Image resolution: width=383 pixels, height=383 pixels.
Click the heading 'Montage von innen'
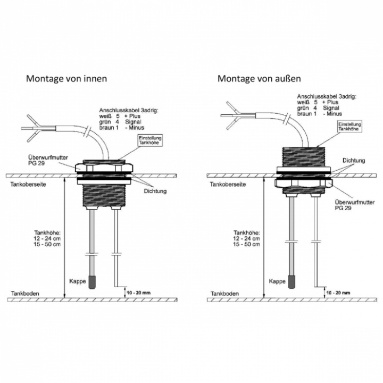pos(66,78)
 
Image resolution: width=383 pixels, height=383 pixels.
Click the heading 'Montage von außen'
pos(259,78)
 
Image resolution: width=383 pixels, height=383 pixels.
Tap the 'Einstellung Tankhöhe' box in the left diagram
pos(147,140)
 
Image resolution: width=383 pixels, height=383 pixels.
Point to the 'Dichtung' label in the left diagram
pos(155,191)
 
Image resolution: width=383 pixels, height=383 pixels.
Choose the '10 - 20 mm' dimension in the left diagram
pos(138,293)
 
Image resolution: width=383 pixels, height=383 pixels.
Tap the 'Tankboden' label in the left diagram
pos(24,293)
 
